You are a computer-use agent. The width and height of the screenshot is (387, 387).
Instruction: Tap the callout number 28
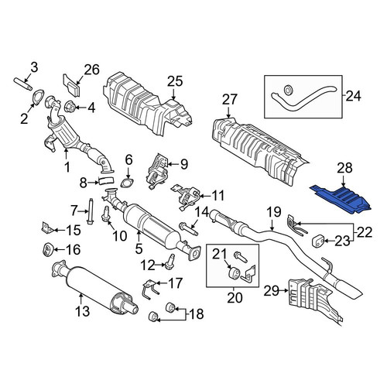[x=344, y=168]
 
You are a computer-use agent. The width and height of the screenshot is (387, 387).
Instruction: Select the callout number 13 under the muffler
[x=83, y=311]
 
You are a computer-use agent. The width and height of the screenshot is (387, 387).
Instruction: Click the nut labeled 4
[x=70, y=107]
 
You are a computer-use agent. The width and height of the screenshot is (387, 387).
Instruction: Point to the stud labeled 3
[x=23, y=84]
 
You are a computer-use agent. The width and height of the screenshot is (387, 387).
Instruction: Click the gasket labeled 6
[x=127, y=182]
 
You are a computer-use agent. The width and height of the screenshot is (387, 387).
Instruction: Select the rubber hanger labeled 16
[x=47, y=249]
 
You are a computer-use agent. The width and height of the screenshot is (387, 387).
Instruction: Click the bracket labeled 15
[x=47, y=228]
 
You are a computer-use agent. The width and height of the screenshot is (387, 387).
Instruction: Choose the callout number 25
[x=175, y=81]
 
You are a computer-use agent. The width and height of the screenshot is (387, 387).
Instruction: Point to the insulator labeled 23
[x=319, y=241]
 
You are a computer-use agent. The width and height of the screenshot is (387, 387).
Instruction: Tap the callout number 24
[x=354, y=97]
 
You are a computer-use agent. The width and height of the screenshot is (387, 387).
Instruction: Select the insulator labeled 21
[x=235, y=273]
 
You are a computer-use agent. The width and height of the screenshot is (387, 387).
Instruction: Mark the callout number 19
[x=274, y=212]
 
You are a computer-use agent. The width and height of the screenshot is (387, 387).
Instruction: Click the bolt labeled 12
[x=170, y=261]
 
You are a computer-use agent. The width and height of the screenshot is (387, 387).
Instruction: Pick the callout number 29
[x=272, y=291]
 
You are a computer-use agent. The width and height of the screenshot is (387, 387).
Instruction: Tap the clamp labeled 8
[x=106, y=180]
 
